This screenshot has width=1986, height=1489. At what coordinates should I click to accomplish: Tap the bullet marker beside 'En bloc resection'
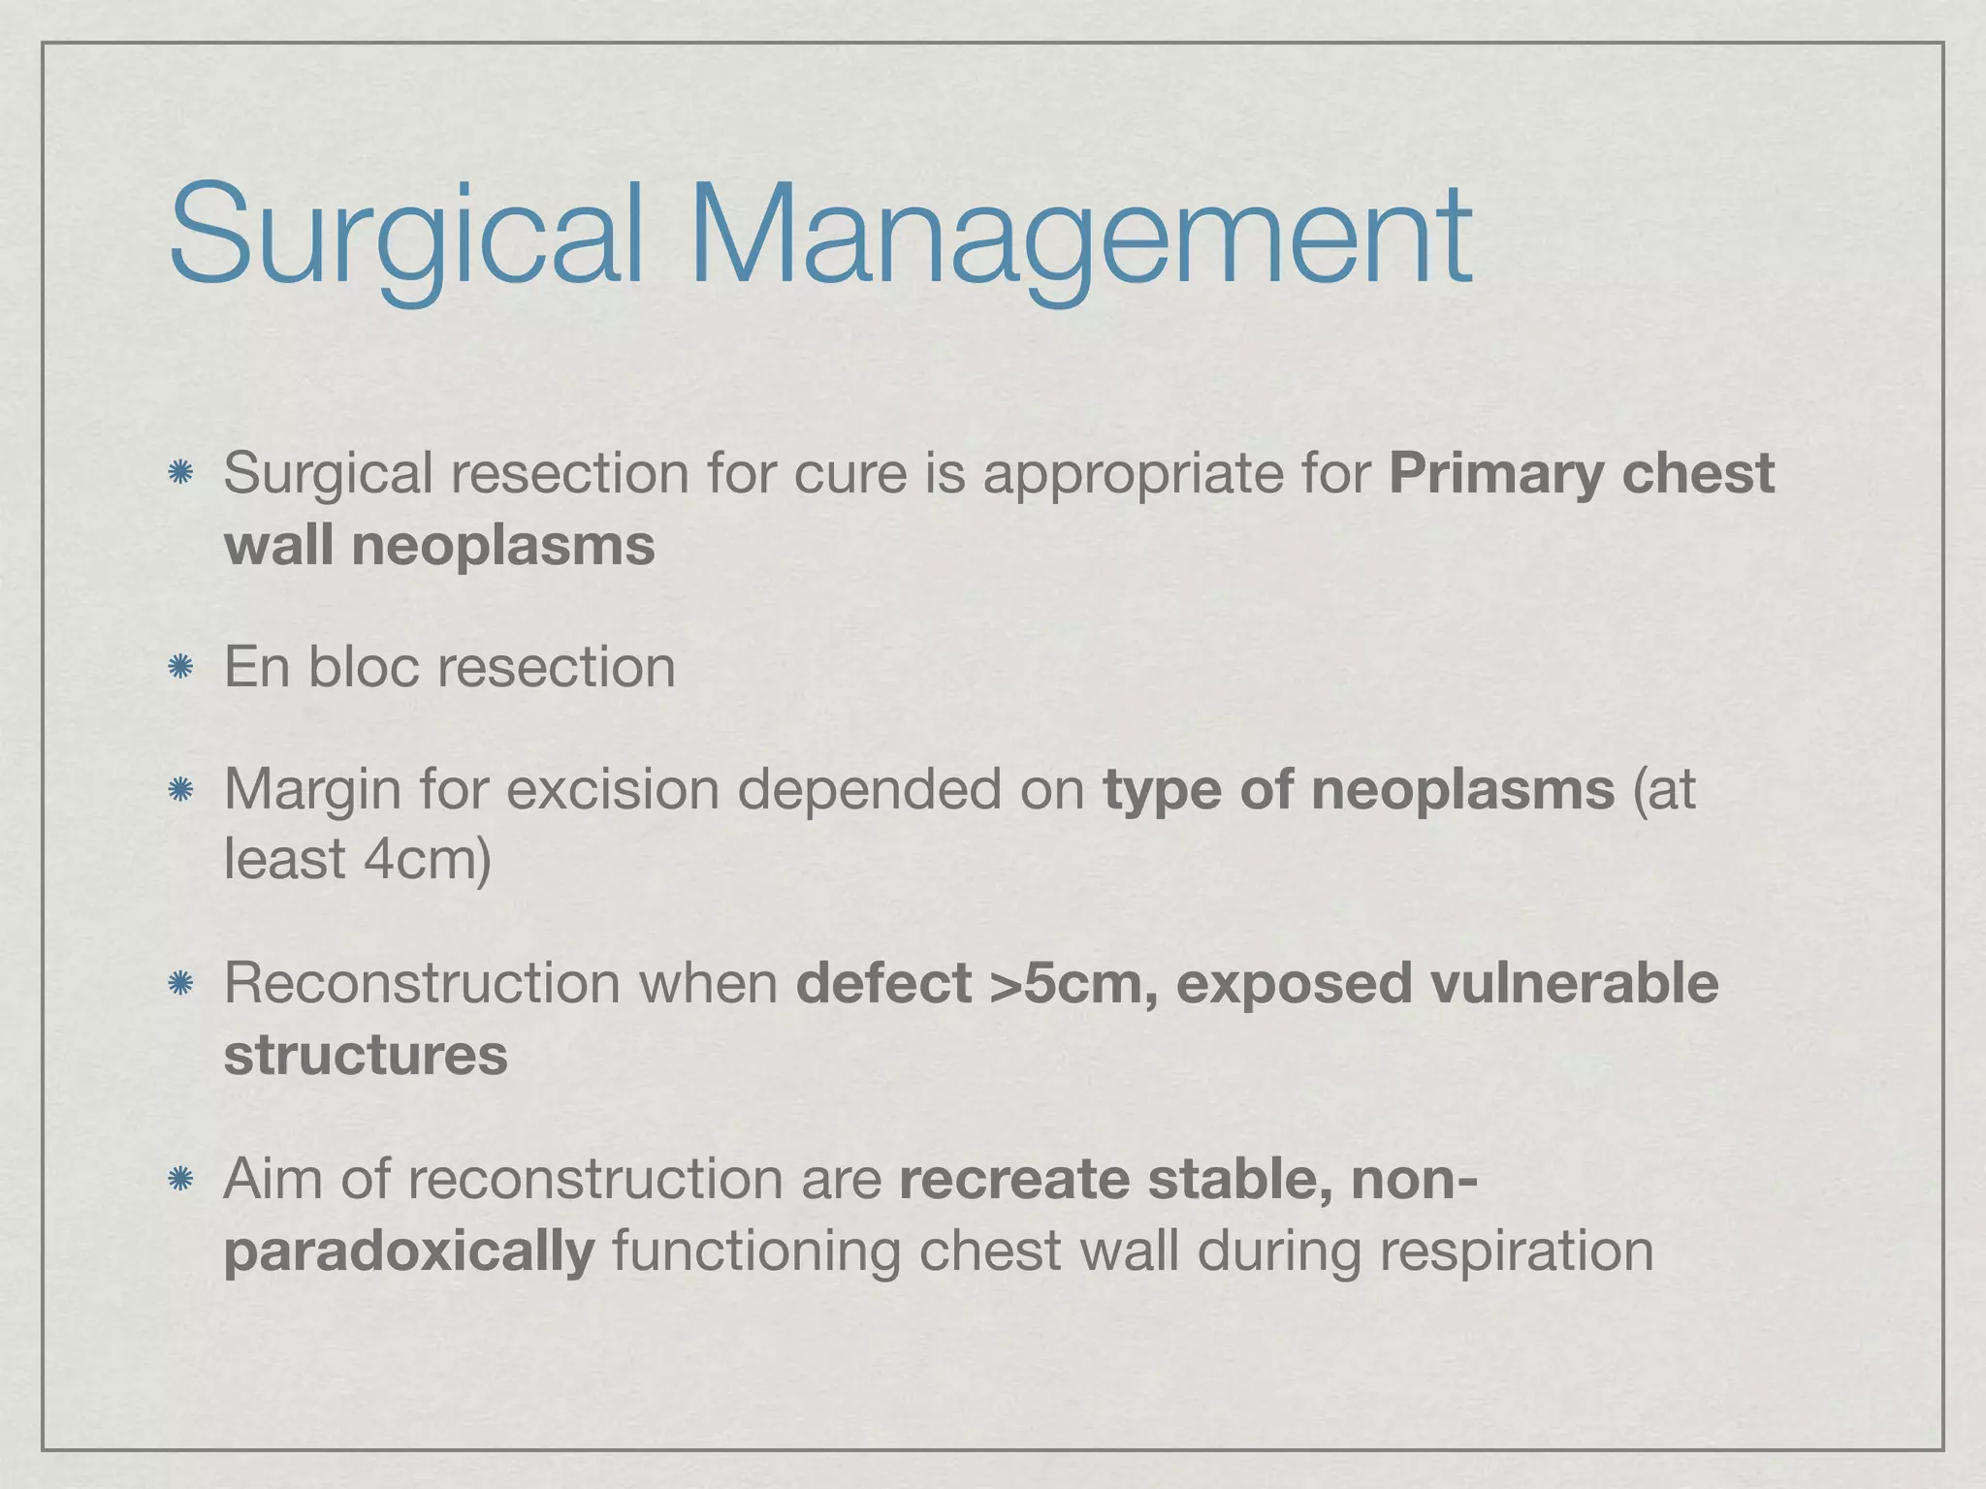[179, 667]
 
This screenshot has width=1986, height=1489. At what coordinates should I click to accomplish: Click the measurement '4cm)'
[428, 859]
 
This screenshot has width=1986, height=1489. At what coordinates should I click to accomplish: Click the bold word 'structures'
[366, 1055]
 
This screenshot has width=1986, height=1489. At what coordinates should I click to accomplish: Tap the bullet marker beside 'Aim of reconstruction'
[179, 1179]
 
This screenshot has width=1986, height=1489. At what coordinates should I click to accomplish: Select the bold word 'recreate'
[1014, 1179]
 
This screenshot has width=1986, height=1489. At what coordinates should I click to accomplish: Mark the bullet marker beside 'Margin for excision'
[179, 790]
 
